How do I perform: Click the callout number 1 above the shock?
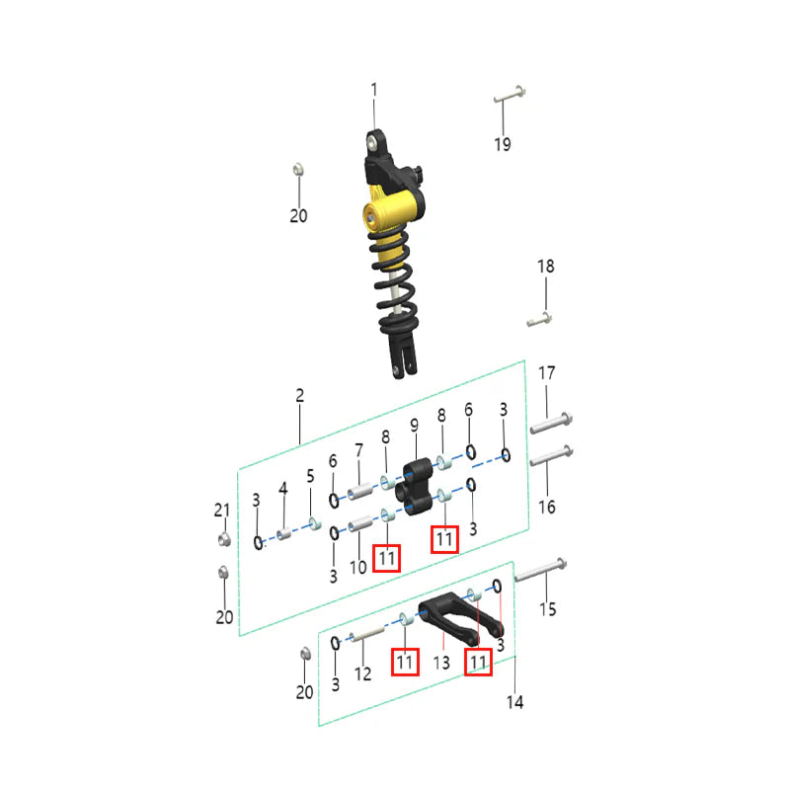pyautogui.click(x=374, y=90)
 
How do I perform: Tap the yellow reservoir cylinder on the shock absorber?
pyautogui.click(x=393, y=210)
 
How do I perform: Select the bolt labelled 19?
pyautogui.click(x=510, y=95)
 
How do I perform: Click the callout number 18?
pyautogui.click(x=546, y=266)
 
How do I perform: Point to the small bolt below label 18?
pyautogui.click(x=539, y=319)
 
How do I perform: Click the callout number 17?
pyautogui.click(x=547, y=373)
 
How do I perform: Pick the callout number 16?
pyautogui.click(x=547, y=507)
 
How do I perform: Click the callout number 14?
pyautogui.click(x=514, y=702)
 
